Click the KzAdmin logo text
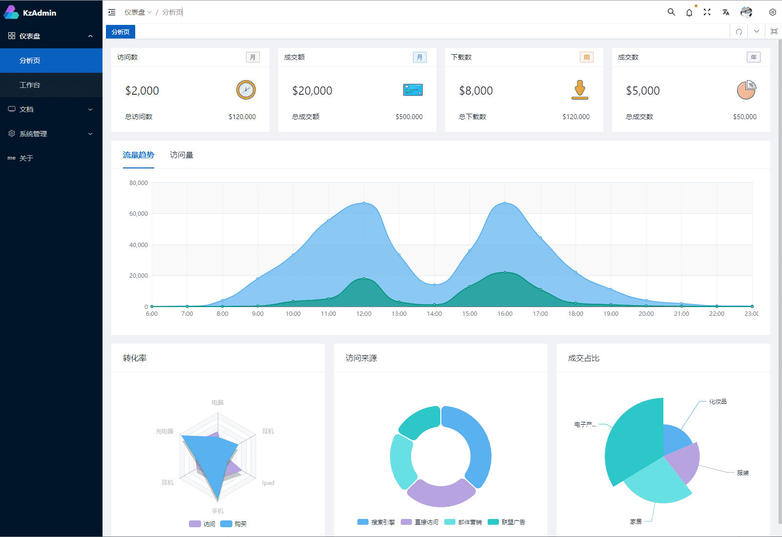point(40,13)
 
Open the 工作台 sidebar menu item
point(30,85)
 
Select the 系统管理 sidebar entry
point(33,134)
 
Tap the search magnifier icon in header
point(671,12)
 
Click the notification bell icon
point(689,13)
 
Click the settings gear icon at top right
point(772,12)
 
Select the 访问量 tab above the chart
point(182,155)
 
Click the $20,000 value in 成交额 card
point(312,91)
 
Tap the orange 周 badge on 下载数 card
point(586,57)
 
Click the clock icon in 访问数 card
point(246,90)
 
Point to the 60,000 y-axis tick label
point(139,214)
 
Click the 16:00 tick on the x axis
point(505,314)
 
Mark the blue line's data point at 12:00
point(364,203)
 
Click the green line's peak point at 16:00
point(505,272)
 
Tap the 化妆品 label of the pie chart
point(718,402)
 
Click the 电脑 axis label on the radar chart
point(218,403)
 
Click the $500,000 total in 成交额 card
point(409,117)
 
